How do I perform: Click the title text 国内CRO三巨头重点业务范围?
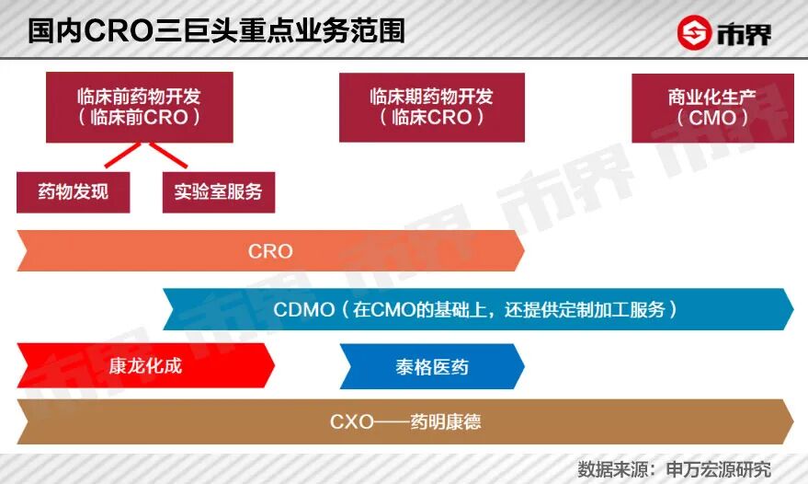(216, 30)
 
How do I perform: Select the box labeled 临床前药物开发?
(140, 107)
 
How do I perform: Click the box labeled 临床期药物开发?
(431, 107)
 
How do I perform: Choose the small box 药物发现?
(73, 192)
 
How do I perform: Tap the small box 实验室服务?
(218, 192)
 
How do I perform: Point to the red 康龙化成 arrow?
(145, 365)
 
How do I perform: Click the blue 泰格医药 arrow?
(431, 366)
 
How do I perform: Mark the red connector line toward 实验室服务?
(168, 156)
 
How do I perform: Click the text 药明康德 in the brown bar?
(446, 422)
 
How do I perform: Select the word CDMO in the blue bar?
(304, 310)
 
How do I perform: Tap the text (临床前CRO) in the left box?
(140, 118)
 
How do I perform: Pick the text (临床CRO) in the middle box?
(431, 118)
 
